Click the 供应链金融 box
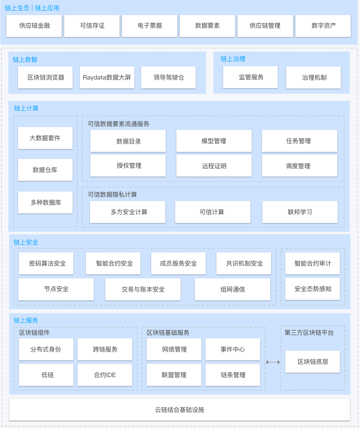(x=34, y=26)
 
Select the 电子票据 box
(x=150, y=26)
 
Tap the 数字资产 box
(x=323, y=26)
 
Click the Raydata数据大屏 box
(x=107, y=78)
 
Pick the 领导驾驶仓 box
(x=169, y=78)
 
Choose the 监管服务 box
(x=250, y=77)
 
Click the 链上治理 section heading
(x=233, y=59)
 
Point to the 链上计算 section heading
(x=26, y=109)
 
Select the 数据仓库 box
(x=45, y=170)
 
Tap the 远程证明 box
(x=214, y=166)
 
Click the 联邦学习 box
(x=300, y=212)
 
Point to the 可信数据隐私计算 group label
(x=112, y=195)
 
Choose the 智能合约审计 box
(x=313, y=263)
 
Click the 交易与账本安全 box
(x=143, y=289)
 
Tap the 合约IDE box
(x=105, y=375)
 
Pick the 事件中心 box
(x=233, y=349)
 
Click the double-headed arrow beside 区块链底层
(x=273, y=362)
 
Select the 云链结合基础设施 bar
(x=180, y=409)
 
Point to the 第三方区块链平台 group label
(x=309, y=333)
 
